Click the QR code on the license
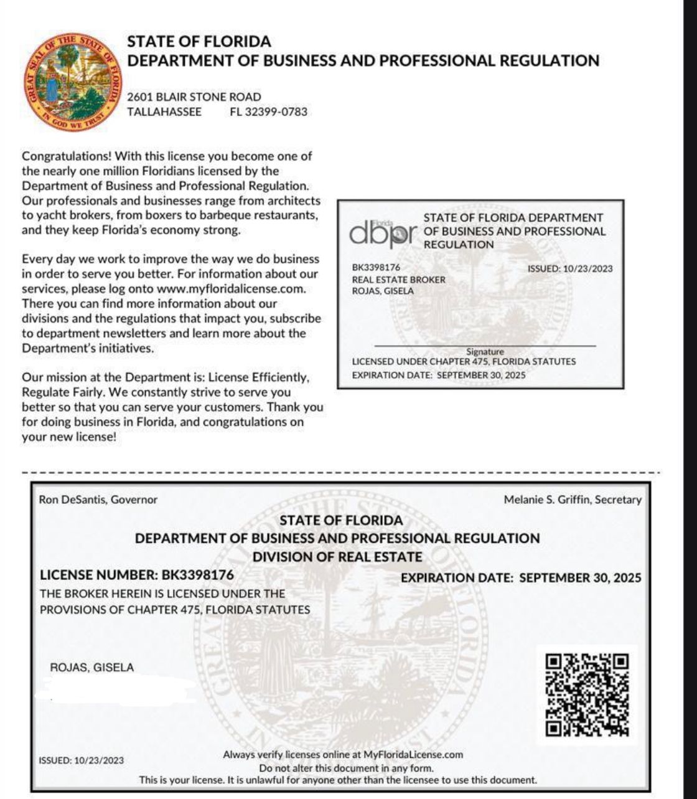pyautogui.click(x=587, y=694)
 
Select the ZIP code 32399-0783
pyautogui.click(x=268, y=112)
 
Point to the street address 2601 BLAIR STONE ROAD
pyautogui.click(x=194, y=97)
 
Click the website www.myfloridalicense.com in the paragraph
pyautogui.click(x=231, y=289)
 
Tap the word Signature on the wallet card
pyautogui.click(x=485, y=352)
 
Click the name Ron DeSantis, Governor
pyautogui.click(x=98, y=499)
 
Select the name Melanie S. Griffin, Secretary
pyautogui.click(x=573, y=499)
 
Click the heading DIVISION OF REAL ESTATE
pyautogui.click(x=337, y=557)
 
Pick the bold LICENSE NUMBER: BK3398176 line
pyautogui.click(x=137, y=575)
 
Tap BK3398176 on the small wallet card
pyautogui.click(x=376, y=268)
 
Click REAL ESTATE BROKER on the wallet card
pyautogui.click(x=399, y=280)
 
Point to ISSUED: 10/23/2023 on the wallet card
pyautogui.click(x=569, y=269)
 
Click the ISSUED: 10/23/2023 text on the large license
pyautogui.click(x=82, y=760)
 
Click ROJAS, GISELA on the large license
pyautogui.click(x=92, y=668)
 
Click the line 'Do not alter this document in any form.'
pyautogui.click(x=346, y=768)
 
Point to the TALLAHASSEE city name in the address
pyautogui.click(x=164, y=112)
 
